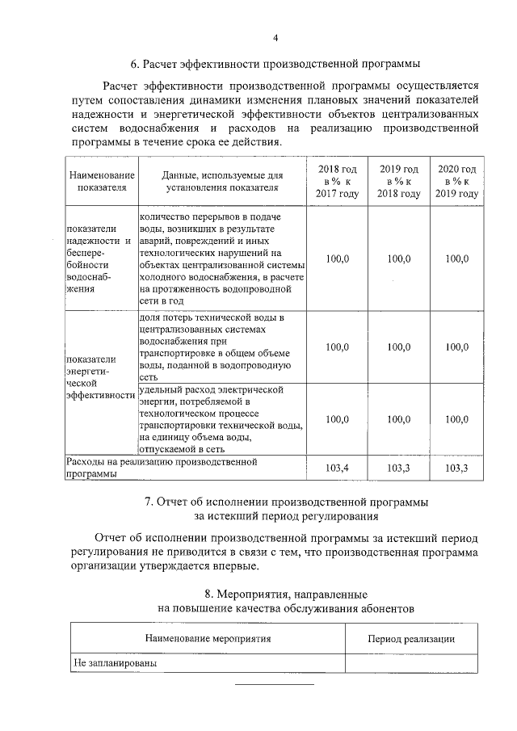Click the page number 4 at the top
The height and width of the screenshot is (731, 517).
(x=275, y=38)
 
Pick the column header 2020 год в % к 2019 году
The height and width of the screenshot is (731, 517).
(x=456, y=181)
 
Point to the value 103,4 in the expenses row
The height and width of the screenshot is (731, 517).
(x=337, y=468)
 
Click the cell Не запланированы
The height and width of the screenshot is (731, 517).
(x=112, y=663)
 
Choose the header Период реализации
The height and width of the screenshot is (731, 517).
(x=410, y=638)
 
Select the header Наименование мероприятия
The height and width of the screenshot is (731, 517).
(x=207, y=638)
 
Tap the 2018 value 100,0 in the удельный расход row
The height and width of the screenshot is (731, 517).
(x=337, y=419)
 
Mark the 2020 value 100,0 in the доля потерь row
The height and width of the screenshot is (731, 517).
(x=456, y=347)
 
